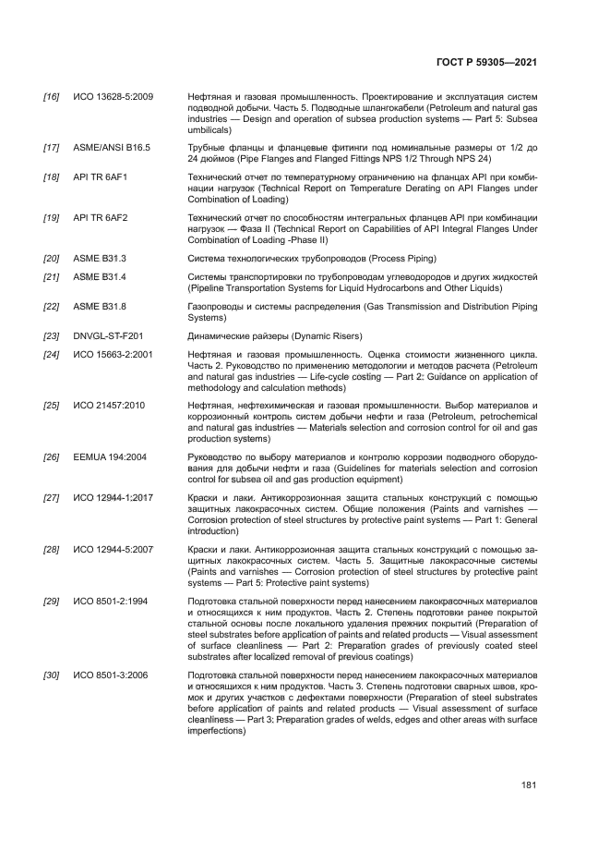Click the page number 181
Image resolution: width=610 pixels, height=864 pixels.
[529, 785]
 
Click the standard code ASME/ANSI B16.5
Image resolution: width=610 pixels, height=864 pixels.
[112, 147]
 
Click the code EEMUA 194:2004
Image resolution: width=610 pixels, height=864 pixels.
[109, 456]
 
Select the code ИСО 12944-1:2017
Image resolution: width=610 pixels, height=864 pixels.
[113, 496]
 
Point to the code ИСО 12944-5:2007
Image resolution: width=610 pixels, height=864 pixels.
[113, 549]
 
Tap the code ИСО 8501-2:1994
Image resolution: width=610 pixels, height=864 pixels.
[110, 601]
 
